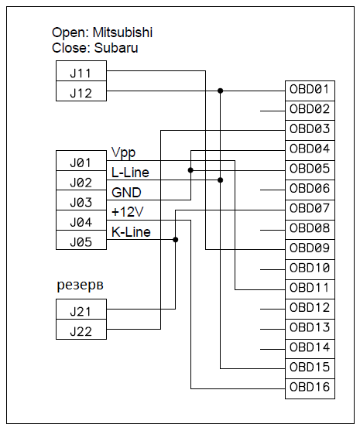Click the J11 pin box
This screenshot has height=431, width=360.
tap(81, 71)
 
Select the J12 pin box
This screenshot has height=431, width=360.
tap(81, 91)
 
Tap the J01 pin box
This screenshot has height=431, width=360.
tap(81, 160)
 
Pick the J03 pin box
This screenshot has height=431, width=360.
tap(81, 200)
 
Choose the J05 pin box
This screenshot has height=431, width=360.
tap(81, 240)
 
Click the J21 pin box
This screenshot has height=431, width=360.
tap(81, 310)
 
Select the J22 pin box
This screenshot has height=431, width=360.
tap(81, 330)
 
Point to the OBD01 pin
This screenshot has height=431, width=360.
tap(310, 91)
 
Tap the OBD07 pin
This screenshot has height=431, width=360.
tap(310, 210)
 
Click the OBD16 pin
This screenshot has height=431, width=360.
tap(310, 388)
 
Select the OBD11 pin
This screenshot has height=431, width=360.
tap(310, 289)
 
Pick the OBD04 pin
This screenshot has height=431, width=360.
tap(310, 150)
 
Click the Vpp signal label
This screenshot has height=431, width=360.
tap(123, 153)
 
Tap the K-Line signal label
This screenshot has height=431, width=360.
tap(131, 232)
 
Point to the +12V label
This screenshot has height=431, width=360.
tap(128, 212)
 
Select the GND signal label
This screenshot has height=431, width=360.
tap(126, 193)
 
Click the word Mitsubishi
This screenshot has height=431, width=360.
tap(122, 32)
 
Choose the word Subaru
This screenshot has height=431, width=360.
tap(116, 48)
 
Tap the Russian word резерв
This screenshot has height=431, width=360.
tap(80, 286)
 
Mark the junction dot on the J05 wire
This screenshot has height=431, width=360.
tap(176, 240)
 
